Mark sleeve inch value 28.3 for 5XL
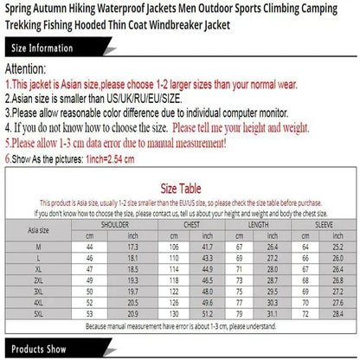337,313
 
